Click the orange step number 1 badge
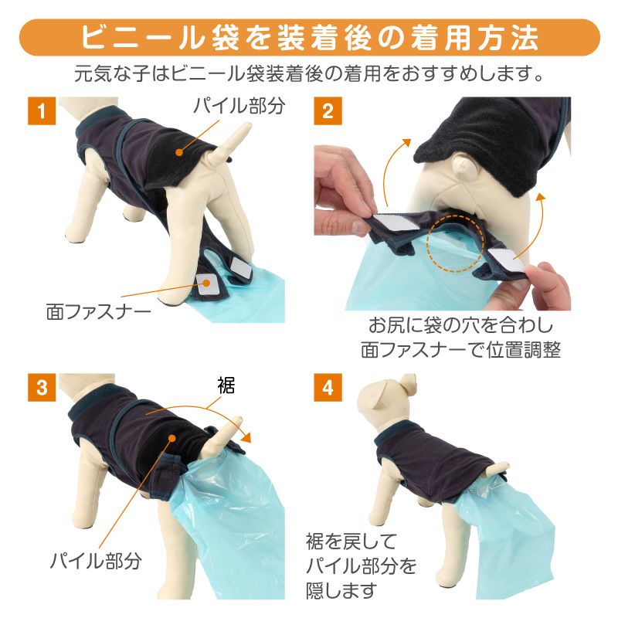[42, 110]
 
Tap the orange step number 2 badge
[328, 110]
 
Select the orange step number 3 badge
[42, 388]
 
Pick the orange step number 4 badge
[328, 388]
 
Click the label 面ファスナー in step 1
[99, 312]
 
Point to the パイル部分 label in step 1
[239, 106]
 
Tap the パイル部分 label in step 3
[96, 560]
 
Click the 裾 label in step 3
[226, 385]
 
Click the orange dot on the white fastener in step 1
[205, 282]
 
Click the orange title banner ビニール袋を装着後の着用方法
[310, 37]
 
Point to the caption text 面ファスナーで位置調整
[460, 350]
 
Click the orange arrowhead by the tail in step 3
[247, 437]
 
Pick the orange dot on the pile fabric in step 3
[171, 438]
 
